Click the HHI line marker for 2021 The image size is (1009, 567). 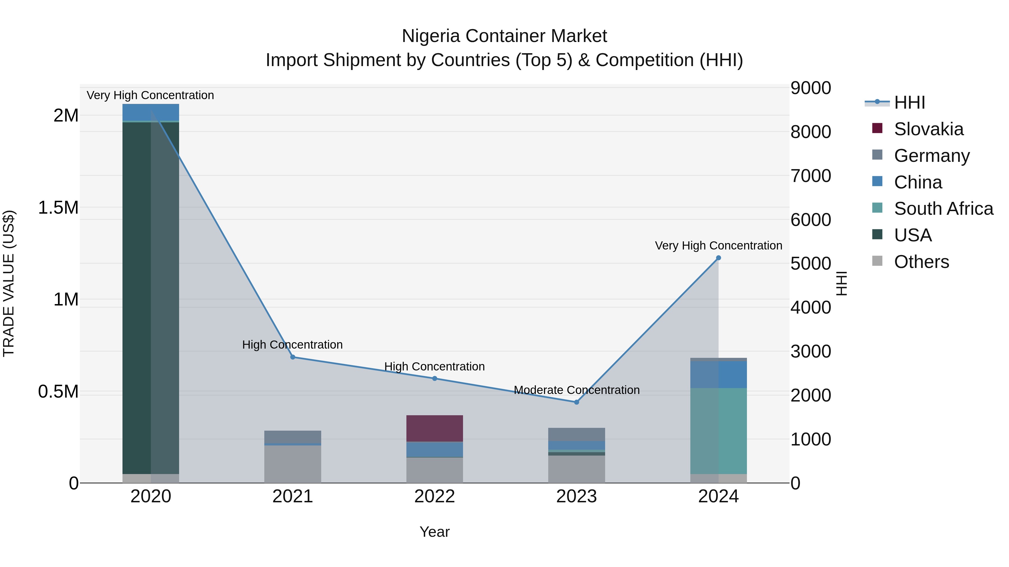(293, 357)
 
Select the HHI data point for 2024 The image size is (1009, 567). (718, 258)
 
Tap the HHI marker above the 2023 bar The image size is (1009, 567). (576, 402)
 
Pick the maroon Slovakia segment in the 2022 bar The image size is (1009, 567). (434, 428)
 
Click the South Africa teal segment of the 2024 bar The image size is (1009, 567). (718, 430)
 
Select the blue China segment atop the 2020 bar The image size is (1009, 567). (151, 112)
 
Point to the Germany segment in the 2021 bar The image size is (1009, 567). (293, 437)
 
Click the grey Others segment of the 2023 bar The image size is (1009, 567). (576, 469)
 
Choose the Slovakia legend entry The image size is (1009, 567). (928, 129)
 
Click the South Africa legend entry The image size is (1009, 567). (943, 209)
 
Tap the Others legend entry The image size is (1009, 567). (921, 262)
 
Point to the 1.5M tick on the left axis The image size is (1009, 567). (58, 207)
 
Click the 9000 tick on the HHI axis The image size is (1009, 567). (810, 88)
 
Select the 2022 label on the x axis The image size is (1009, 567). (434, 496)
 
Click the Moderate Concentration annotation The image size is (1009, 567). (576, 390)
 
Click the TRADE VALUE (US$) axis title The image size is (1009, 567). (9, 283)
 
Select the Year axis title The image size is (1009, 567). (434, 532)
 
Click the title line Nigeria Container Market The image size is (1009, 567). (504, 36)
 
